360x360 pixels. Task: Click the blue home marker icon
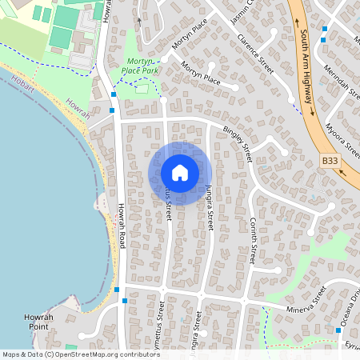point(180,173)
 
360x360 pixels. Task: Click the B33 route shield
point(330,161)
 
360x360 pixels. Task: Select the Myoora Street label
point(342,136)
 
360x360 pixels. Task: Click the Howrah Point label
point(34,322)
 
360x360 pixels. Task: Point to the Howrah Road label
point(122,226)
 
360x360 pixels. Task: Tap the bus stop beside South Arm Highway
point(324,30)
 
